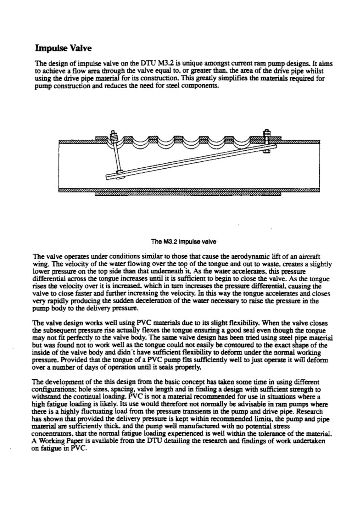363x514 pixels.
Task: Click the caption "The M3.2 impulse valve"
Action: [184, 242]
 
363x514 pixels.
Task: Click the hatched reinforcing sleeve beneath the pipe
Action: [188, 194]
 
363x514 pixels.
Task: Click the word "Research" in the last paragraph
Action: [309, 412]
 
